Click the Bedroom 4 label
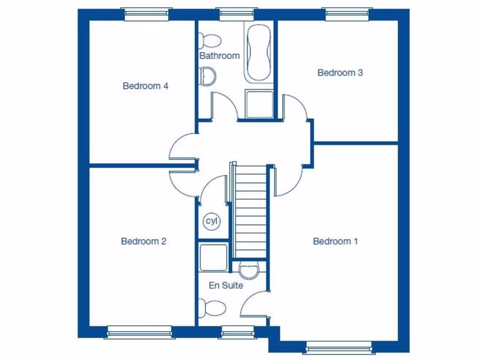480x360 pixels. click(x=145, y=86)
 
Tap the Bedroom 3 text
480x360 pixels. click(x=340, y=73)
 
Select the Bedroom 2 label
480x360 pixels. click(x=143, y=241)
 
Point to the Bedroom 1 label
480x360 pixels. click(x=335, y=241)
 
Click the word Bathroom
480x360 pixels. click(x=219, y=56)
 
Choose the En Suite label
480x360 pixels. click(x=226, y=285)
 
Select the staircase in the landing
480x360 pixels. click(x=250, y=211)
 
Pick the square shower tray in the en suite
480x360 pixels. click(x=213, y=257)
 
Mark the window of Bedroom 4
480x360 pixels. click(x=146, y=15)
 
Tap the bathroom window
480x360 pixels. click(x=237, y=15)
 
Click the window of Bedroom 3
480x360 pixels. click(x=348, y=15)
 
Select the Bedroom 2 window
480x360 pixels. click(x=139, y=332)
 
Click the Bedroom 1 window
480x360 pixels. click(x=338, y=347)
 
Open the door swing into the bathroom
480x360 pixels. click(x=224, y=105)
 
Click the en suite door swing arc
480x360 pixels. click(x=253, y=305)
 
